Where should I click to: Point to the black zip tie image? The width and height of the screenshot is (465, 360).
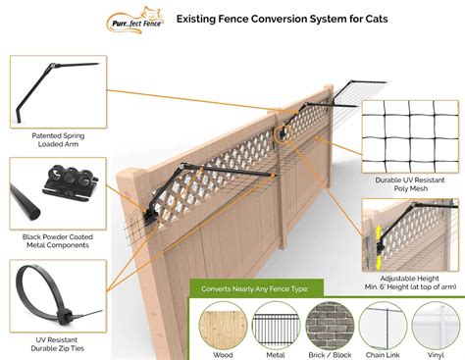tap(53, 293)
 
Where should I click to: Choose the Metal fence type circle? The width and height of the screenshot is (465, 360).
tap(276, 321)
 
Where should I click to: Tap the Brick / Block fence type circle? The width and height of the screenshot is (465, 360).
tap(329, 321)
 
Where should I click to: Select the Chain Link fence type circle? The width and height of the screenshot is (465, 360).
tap(382, 321)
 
